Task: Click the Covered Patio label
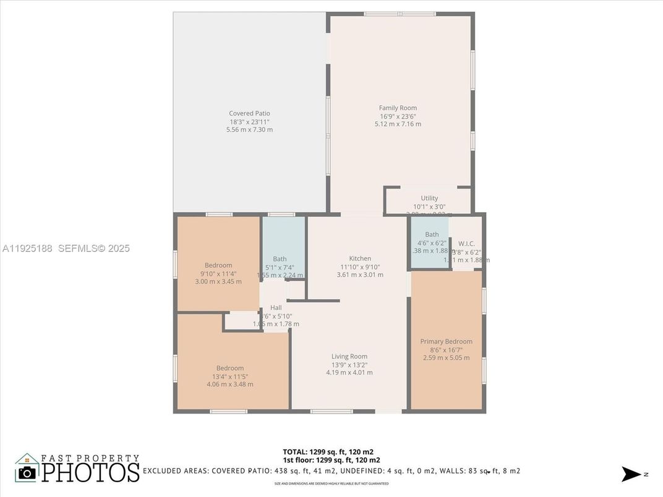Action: point(249,113)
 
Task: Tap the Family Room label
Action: point(398,108)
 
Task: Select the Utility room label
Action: point(429,198)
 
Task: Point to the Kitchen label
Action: point(360,258)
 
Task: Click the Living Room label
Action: point(349,356)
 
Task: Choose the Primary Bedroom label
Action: point(446,341)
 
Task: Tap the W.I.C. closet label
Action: point(466,244)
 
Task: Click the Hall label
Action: point(276,307)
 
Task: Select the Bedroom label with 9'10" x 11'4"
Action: point(218,265)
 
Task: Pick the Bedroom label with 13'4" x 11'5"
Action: point(229,368)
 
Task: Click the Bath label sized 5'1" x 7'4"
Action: point(280,259)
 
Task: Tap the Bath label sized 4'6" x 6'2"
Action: point(432,234)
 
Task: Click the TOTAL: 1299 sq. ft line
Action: point(328,451)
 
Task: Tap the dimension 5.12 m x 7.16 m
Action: point(398,124)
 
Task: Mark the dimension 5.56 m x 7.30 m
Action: point(249,130)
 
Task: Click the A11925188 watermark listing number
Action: point(28,248)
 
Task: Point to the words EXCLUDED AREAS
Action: point(176,471)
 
